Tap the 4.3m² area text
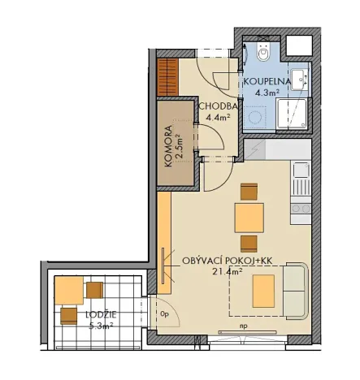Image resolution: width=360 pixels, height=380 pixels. coord(267,93)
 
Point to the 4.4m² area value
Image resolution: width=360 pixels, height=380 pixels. coord(218,117)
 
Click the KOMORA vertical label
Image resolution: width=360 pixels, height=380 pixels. coord(168,146)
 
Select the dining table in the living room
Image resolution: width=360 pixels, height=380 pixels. coord(249,218)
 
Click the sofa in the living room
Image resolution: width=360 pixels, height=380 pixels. coord(293,290)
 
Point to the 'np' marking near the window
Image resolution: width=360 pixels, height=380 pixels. coord(242,329)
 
